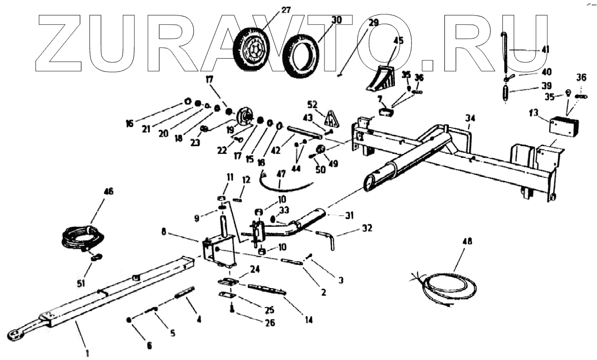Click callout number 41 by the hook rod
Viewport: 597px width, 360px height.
(545, 50)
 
